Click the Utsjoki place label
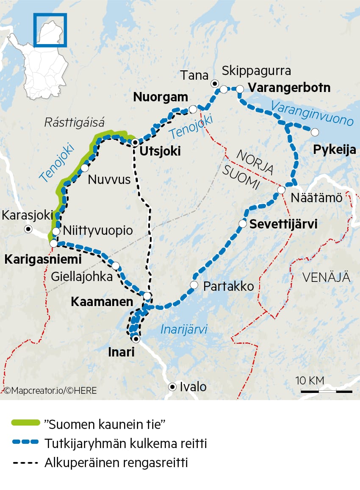(157, 151)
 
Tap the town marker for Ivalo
(172, 387)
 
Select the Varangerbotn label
(289, 88)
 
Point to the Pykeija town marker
(315, 132)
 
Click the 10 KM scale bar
(327, 391)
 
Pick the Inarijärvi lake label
(184, 329)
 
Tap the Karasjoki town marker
(28, 229)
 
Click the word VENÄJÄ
(326, 278)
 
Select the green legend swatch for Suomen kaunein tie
(26, 423)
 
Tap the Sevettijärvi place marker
(243, 223)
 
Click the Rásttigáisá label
(74, 123)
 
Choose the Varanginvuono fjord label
(312, 113)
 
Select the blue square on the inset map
(50, 30)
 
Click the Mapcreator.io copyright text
(50, 390)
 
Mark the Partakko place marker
(194, 285)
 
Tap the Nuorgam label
(161, 97)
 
